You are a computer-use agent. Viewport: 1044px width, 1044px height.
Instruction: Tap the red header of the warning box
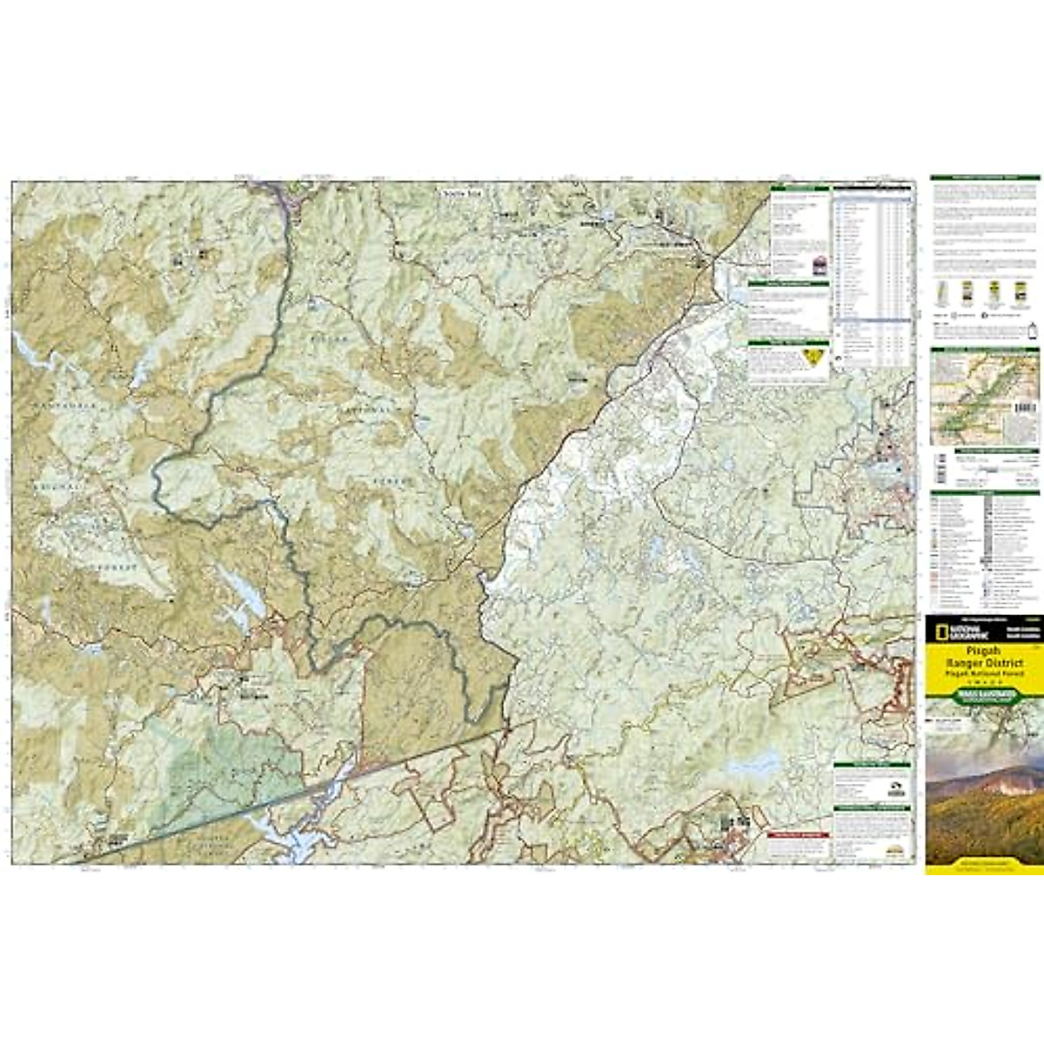pyautogui.click(x=799, y=833)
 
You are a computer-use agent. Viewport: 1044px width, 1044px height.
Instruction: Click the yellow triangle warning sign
pyautogui.click(x=814, y=356)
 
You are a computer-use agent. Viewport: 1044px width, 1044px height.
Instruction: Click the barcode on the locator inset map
pyautogui.click(x=1027, y=407)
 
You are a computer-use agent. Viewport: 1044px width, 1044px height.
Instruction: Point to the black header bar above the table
pyautogui.click(x=873, y=186)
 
